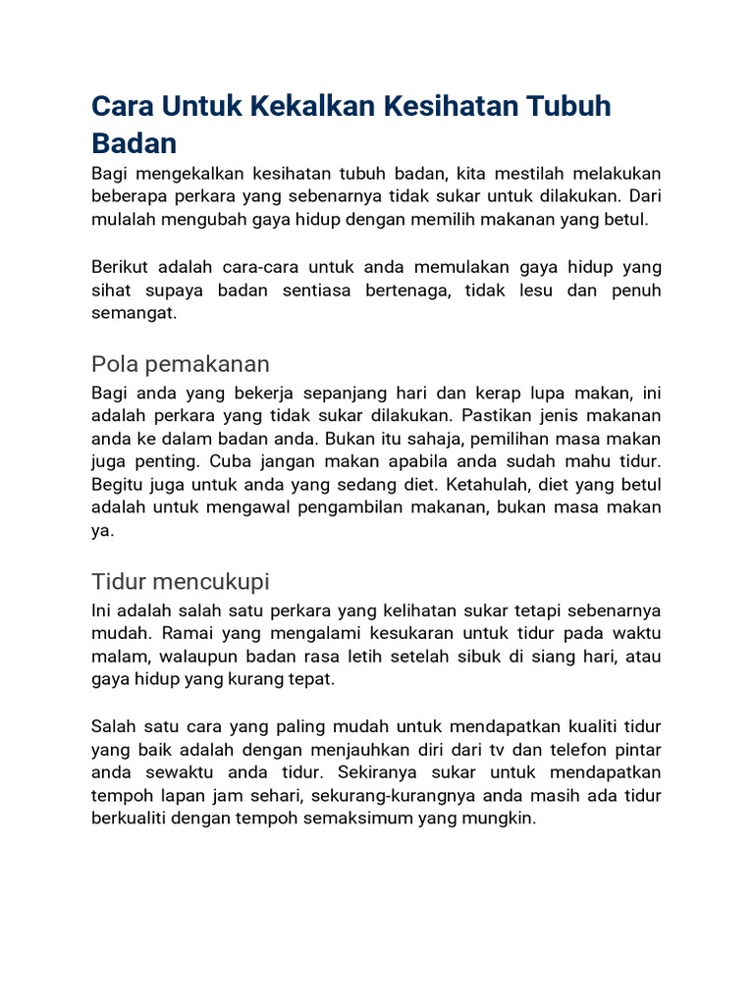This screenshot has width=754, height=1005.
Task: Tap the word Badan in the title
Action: (x=135, y=143)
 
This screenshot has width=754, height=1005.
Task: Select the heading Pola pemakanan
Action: (x=180, y=364)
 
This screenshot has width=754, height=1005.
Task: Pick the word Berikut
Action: (x=123, y=267)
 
